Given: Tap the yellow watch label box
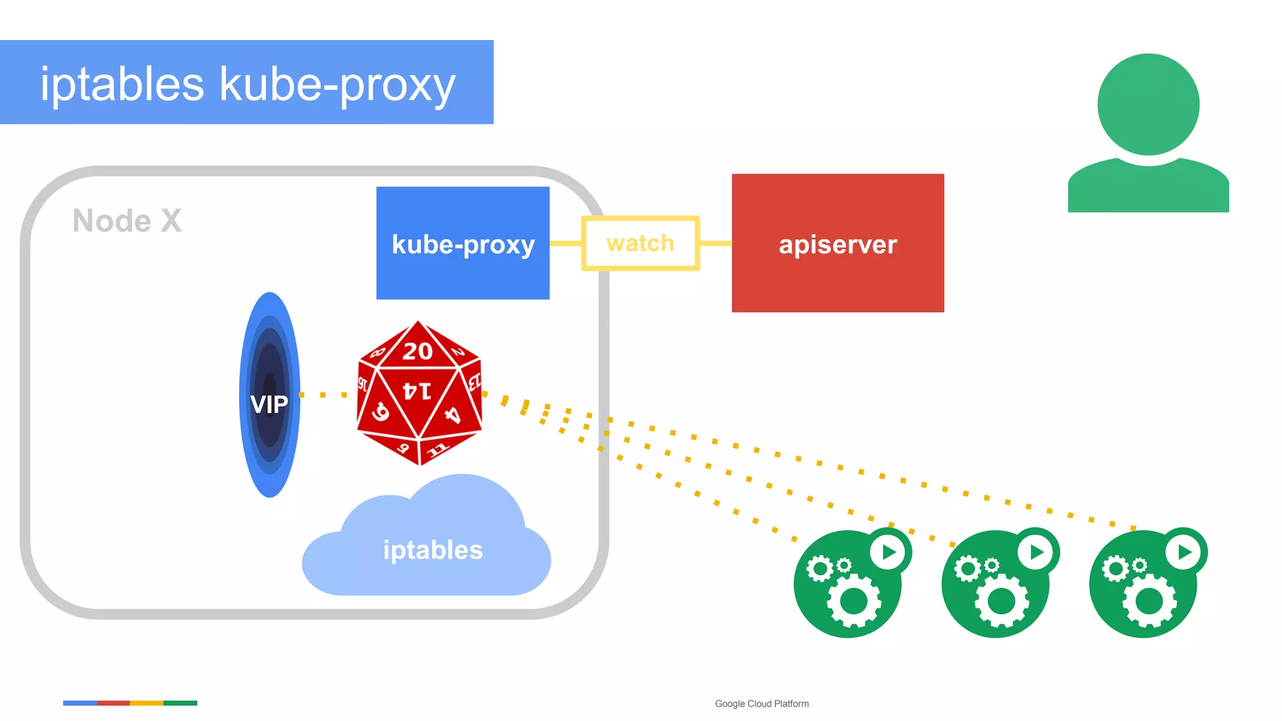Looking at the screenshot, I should tap(640, 243).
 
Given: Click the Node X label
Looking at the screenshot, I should tap(127, 221).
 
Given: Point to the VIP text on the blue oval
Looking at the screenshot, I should tap(269, 404).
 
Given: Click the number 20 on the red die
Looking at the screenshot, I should tap(418, 351).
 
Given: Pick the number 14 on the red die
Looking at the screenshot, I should tap(417, 391).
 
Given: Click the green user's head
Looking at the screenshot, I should tap(1148, 105).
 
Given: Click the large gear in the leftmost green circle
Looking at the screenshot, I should tap(854, 601).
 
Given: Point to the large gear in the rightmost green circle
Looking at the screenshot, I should tap(1149, 601).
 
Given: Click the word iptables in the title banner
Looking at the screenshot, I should tap(122, 84).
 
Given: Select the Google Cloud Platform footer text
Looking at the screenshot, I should tap(762, 703).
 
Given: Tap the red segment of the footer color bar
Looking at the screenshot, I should tap(113, 703).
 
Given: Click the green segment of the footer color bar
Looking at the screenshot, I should tap(180, 703).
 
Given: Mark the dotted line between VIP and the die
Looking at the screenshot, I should tap(324, 395).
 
